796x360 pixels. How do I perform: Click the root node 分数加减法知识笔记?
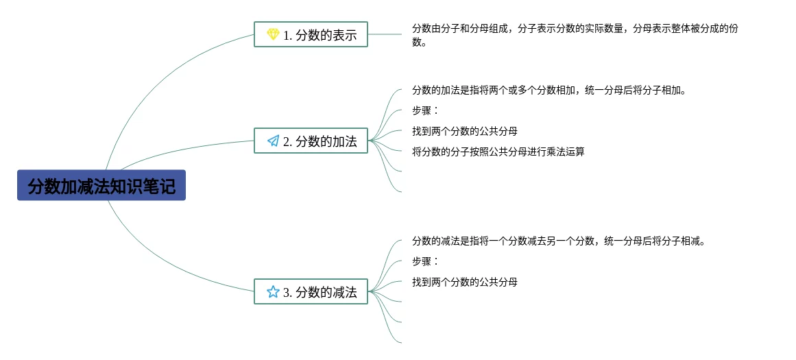[x=101, y=185]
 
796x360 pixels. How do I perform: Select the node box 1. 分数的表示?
[x=311, y=34]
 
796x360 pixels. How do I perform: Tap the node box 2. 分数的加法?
[x=311, y=141]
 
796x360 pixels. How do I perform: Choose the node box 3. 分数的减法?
[x=311, y=291]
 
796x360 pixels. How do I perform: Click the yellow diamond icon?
[x=273, y=34]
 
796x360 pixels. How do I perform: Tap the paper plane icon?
[x=273, y=141]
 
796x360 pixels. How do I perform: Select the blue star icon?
[x=273, y=291]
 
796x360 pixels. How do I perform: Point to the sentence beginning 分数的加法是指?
[x=548, y=90]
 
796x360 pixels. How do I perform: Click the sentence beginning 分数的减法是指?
[x=558, y=241]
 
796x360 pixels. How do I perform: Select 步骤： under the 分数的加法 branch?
[x=424, y=110]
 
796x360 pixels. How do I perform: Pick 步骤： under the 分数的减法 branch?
[x=424, y=261]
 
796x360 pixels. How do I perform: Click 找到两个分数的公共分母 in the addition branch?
[x=464, y=131]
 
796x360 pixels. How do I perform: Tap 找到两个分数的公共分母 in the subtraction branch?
[x=464, y=282]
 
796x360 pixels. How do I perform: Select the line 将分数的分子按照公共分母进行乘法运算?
[x=498, y=152]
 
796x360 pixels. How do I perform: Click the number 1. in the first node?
[x=288, y=35]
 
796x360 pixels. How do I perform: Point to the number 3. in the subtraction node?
[x=288, y=292]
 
